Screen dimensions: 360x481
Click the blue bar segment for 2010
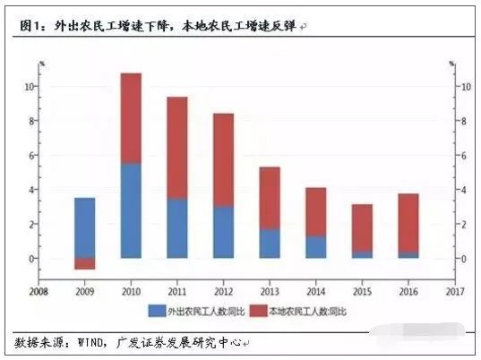(x=131, y=210)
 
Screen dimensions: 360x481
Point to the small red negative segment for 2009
(x=85, y=263)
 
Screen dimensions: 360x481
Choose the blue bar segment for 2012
(x=223, y=232)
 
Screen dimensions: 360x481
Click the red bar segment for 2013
(x=270, y=198)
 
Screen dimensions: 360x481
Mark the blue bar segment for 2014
(x=315, y=247)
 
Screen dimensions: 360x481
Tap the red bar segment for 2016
(x=408, y=223)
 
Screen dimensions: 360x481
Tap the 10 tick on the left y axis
(x=30, y=87)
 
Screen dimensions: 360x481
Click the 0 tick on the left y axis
(x=31, y=259)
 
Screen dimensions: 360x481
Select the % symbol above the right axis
(x=454, y=64)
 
